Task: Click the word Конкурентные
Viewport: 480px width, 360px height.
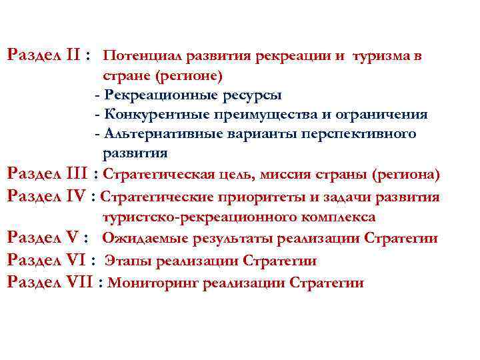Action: pyautogui.click(x=147, y=114)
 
